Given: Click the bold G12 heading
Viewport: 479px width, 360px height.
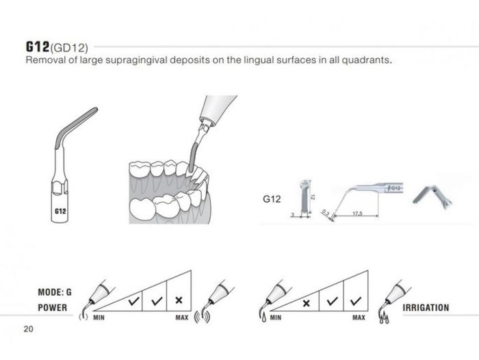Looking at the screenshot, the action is click(37, 47).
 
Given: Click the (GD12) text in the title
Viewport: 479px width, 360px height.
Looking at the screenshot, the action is click(68, 48).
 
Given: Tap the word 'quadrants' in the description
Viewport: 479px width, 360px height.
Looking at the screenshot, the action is click(366, 60).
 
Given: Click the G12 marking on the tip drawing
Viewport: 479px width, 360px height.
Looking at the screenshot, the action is click(60, 211).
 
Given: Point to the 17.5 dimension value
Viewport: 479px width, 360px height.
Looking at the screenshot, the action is click(357, 214).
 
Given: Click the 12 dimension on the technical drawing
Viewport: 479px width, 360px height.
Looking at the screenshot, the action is click(312, 197).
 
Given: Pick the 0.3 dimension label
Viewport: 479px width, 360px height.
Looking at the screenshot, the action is click(326, 213).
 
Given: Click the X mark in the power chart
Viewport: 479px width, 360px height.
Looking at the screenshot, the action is click(179, 300).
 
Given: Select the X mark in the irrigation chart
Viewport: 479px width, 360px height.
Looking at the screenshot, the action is click(306, 303).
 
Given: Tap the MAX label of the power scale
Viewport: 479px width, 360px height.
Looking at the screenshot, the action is click(182, 318).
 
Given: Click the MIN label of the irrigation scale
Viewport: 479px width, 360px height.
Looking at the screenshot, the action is click(276, 318).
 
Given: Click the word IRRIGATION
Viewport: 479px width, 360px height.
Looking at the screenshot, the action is click(426, 308).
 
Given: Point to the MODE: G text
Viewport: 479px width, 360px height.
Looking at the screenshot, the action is click(55, 292).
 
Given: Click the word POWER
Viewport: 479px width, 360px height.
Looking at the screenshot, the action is click(52, 307).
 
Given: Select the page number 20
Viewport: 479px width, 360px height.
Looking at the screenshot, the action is click(29, 329).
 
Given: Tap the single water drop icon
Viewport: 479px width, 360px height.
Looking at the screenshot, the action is click(263, 318).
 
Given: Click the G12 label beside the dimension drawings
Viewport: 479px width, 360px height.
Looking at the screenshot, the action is click(272, 199).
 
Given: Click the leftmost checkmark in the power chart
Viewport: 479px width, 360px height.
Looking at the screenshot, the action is click(133, 302).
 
